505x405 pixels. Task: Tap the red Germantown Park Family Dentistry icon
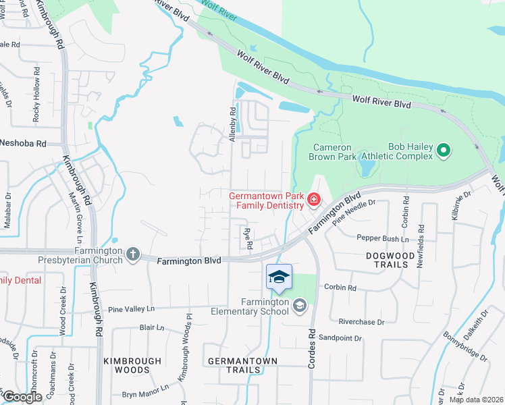(x=313, y=199)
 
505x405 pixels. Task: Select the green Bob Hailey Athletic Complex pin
(x=444, y=150)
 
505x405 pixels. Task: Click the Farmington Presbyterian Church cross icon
(x=133, y=254)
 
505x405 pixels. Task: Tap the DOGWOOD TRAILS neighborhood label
(x=396, y=261)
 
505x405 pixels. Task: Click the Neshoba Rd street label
(x=22, y=144)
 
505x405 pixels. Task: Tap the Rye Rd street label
(x=248, y=238)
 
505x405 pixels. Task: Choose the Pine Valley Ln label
(x=132, y=308)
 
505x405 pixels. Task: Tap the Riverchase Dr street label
(x=361, y=323)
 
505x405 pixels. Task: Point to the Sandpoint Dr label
(x=340, y=337)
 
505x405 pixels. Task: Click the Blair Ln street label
(x=151, y=328)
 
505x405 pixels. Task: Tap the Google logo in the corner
(x=22, y=397)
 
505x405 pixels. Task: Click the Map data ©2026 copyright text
(x=475, y=400)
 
